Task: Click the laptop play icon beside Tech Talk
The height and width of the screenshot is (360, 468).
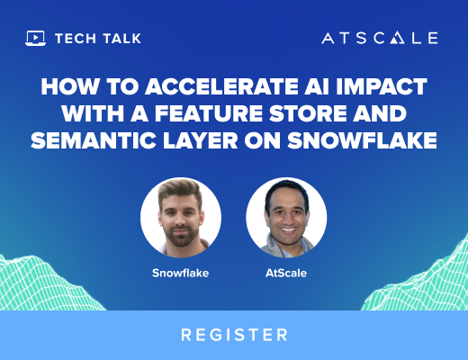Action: click(x=35, y=39)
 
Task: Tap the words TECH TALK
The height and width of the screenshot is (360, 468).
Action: click(x=98, y=39)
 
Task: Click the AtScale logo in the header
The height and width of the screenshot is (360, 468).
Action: click(x=380, y=38)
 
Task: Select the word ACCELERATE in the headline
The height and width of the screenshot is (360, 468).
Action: click(x=222, y=86)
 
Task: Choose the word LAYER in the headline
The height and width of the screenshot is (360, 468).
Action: click(x=201, y=140)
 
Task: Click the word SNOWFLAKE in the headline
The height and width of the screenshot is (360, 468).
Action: click(x=362, y=140)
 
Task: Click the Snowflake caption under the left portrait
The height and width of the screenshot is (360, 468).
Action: click(x=181, y=273)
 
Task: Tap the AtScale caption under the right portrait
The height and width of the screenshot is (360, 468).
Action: click(x=286, y=273)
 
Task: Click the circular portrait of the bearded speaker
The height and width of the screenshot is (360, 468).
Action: click(x=181, y=218)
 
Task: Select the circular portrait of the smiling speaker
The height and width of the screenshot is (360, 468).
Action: click(x=286, y=218)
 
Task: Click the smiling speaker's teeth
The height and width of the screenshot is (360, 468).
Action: click(x=288, y=230)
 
